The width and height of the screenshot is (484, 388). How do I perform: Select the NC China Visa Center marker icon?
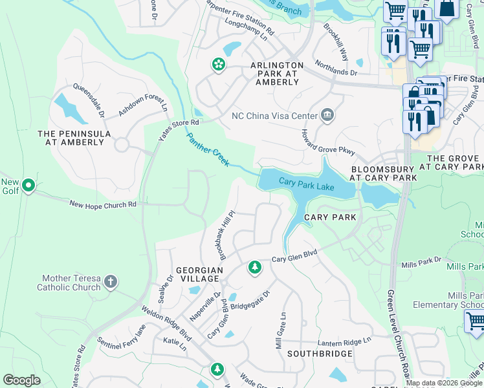point(327,116)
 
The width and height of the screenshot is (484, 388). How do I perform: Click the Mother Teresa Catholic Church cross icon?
point(111,281)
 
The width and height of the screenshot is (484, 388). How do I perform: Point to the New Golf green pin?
point(28,186)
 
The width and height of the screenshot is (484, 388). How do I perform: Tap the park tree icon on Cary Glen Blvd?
point(254,267)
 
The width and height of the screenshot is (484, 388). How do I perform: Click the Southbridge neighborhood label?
point(320,354)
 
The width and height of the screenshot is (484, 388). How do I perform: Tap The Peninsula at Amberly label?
point(74,138)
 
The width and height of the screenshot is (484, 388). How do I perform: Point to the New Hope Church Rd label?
point(103,204)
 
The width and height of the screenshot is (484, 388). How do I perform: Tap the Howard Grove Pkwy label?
point(327,142)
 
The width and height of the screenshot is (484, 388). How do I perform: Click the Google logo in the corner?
point(21,380)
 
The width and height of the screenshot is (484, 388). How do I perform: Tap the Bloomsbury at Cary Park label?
point(382,171)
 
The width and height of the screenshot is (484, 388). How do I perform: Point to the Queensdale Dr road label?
point(90,100)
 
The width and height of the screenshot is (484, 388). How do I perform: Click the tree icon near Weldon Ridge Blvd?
point(217,369)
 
